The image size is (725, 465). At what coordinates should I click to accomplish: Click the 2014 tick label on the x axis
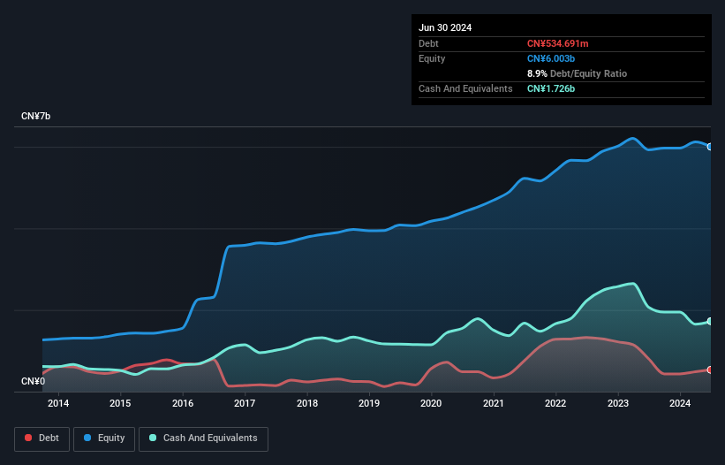[x=58, y=404]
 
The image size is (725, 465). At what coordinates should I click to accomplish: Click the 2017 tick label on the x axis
[x=245, y=404]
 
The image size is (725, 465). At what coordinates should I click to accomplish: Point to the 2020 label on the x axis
[x=431, y=404]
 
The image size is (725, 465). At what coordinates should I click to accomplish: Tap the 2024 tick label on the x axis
[x=680, y=404]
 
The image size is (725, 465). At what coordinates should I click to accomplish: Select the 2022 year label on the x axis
[x=555, y=404]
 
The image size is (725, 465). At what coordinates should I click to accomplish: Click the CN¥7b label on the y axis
[x=36, y=117]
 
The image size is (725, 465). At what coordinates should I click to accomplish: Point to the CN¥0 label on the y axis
[x=34, y=381]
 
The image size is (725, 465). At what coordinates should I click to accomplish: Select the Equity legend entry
[x=103, y=438]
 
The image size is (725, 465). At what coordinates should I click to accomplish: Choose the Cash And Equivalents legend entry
[x=203, y=438]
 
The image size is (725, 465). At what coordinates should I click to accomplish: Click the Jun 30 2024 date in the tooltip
[x=445, y=27]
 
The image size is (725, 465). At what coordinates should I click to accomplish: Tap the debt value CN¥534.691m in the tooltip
[x=563, y=43]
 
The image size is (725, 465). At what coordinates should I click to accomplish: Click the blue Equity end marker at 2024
[x=710, y=147]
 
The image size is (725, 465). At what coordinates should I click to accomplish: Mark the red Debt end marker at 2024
[x=710, y=370]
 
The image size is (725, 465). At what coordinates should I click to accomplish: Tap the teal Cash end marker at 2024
[x=710, y=321]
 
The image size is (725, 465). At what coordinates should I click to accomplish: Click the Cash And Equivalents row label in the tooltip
[x=465, y=88]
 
